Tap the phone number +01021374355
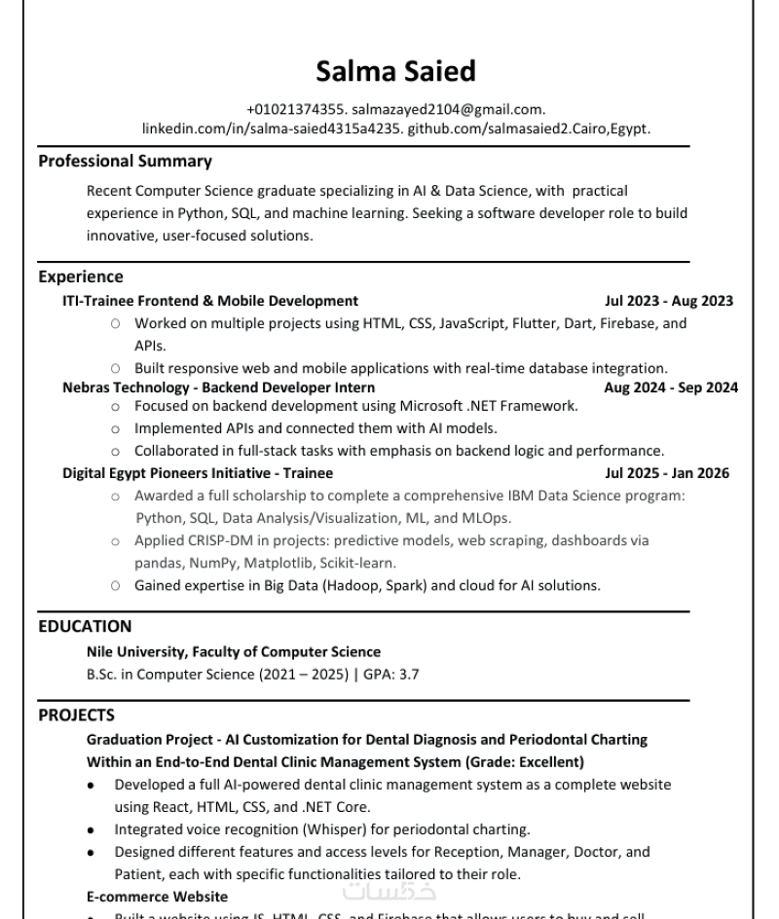pyautogui.click(x=289, y=110)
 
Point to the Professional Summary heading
pyautogui.click(x=126, y=161)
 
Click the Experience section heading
pyautogui.click(x=81, y=276)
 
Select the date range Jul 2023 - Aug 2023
pyautogui.click(x=669, y=301)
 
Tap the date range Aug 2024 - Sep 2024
pyautogui.click(x=671, y=387)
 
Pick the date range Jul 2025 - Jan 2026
pyautogui.click(x=667, y=473)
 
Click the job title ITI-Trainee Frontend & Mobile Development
pyautogui.click(x=210, y=301)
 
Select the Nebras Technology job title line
pyautogui.click(x=218, y=387)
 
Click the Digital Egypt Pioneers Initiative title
pyautogui.click(x=198, y=473)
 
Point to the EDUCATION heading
pyautogui.click(x=85, y=626)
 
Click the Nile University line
pyautogui.click(x=234, y=651)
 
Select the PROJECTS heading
pyautogui.click(x=77, y=715)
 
